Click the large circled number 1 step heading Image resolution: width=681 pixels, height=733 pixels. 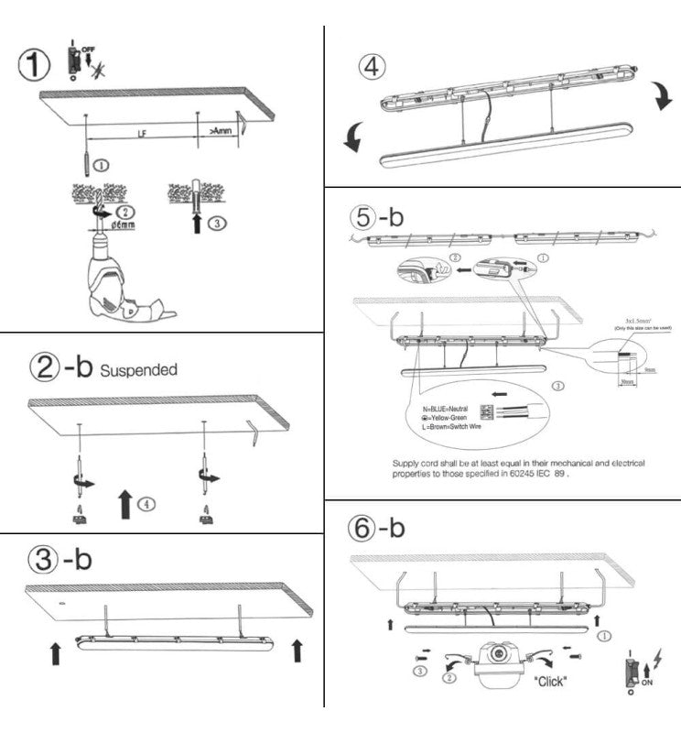click(34, 65)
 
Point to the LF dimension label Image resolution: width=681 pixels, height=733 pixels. click(142, 133)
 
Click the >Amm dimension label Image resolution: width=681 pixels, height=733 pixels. click(221, 132)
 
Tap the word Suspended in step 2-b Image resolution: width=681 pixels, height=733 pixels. click(138, 371)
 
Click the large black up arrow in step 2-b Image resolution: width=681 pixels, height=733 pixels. click(124, 504)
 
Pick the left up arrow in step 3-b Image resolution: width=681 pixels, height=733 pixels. click(56, 652)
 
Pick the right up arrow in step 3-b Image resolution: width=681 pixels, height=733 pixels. click(296, 651)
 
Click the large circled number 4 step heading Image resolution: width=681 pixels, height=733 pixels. click(373, 67)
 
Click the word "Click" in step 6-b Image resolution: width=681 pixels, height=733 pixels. click(550, 681)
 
